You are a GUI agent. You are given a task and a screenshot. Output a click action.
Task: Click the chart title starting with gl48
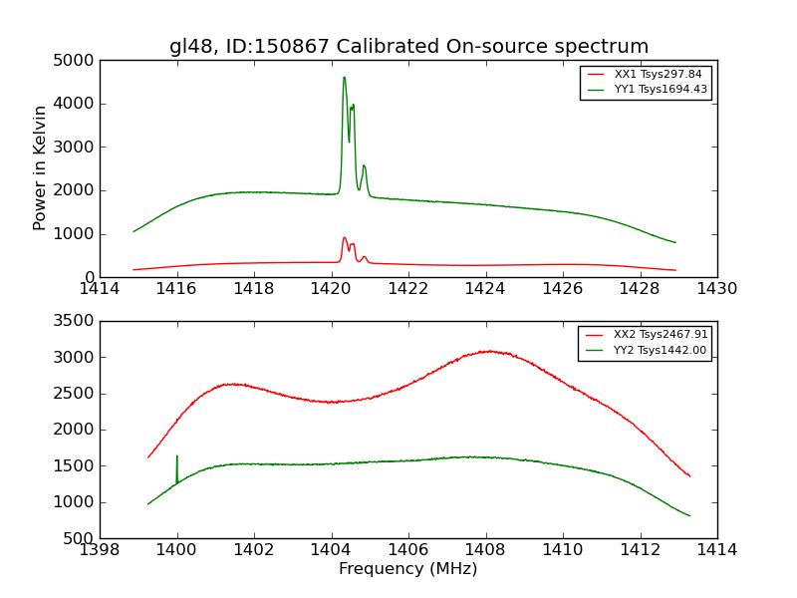(x=408, y=47)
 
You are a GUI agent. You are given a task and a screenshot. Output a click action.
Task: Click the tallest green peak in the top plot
(x=344, y=78)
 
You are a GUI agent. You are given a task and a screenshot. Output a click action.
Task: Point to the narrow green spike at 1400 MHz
(x=177, y=456)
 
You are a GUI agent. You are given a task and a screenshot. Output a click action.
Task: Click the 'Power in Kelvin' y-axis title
(x=41, y=167)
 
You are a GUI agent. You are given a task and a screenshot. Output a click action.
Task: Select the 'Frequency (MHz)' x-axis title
(x=407, y=569)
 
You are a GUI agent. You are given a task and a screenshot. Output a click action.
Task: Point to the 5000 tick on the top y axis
(x=76, y=60)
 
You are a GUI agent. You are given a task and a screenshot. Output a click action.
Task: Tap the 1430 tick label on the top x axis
(x=716, y=288)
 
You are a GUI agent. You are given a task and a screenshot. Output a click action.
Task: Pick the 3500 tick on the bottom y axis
(x=76, y=321)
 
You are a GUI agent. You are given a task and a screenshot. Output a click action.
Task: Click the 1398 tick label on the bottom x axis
(x=100, y=549)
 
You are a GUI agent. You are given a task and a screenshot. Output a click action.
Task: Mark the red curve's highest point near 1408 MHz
(x=488, y=351)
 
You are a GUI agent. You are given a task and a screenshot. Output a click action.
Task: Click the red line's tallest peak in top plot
(x=344, y=237)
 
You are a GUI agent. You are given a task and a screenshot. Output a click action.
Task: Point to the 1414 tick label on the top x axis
(x=100, y=288)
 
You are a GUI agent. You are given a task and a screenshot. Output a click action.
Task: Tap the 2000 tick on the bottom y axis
(x=76, y=430)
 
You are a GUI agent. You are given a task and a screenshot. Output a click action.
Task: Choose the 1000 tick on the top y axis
(x=76, y=234)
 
